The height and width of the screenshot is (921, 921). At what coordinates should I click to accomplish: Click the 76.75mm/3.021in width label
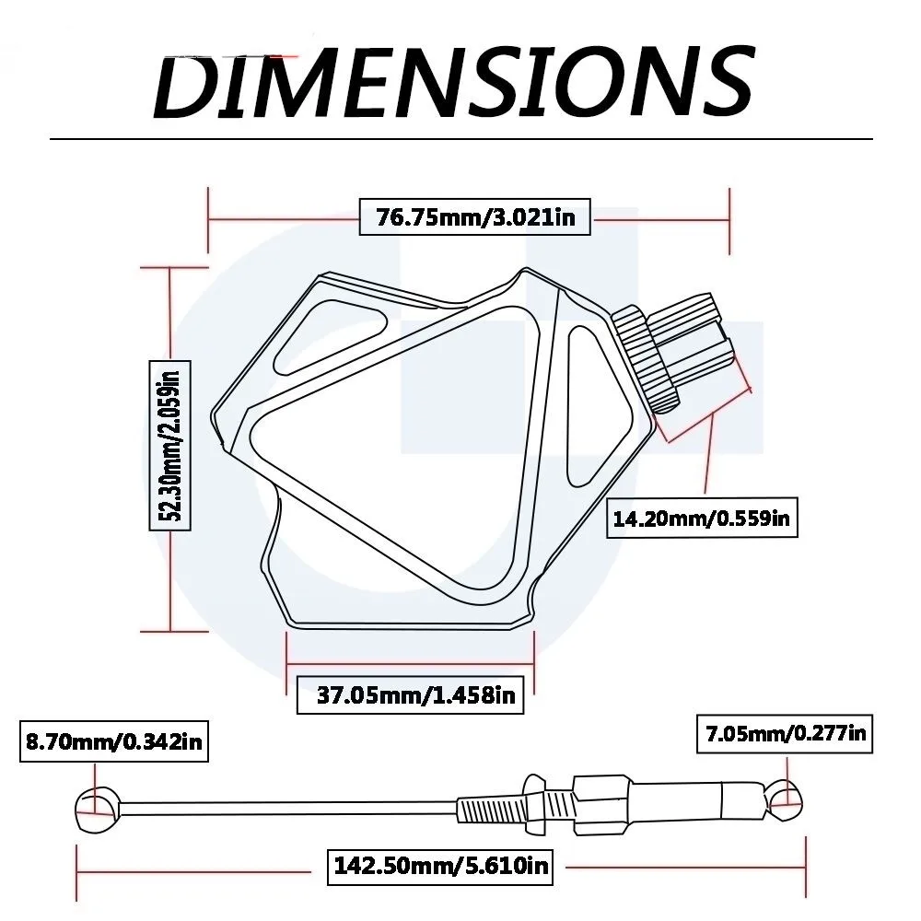(x=473, y=217)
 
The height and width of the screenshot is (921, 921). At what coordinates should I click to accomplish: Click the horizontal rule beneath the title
(x=460, y=139)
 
